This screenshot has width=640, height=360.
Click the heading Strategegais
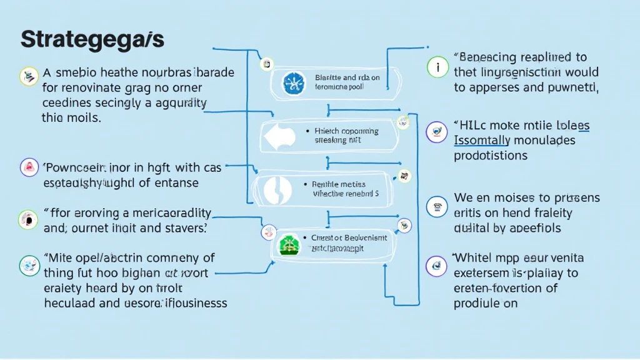pyautogui.click(x=92, y=39)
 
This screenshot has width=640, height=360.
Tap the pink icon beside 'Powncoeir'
pyautogui.click(x=29, y=167)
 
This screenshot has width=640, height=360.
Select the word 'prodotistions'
pyautogui.click(x=491, y=155)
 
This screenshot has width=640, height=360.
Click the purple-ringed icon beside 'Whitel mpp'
pyautogui.click(x=436, y=266)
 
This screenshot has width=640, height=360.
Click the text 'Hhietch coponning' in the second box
pyautogui.click(x=346, y=131)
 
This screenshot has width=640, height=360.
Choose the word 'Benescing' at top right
pyautogui.click(x=491, y=57)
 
